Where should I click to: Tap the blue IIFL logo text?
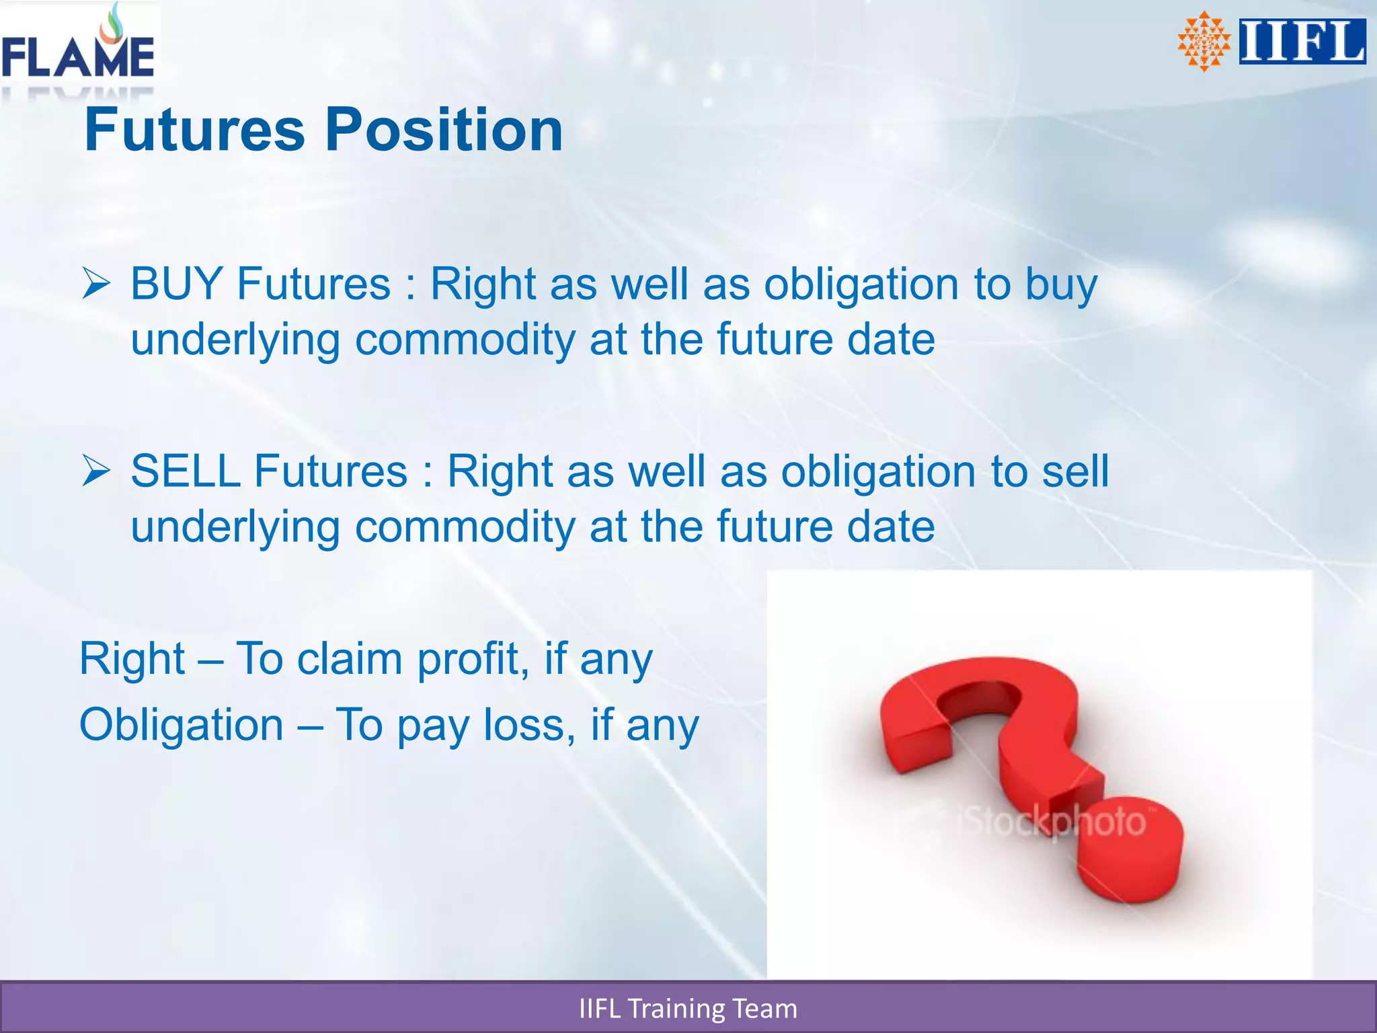(x=1302, y=42)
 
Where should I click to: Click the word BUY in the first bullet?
(x=176, y=284)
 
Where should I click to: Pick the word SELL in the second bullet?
(x=186, y=471)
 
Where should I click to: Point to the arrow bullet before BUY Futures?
(x=96, y=284)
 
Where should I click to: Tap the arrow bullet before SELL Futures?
(x=96, y=471)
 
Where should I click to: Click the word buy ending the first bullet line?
(x=1061, y=285)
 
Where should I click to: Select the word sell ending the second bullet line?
(x=1075, y=471)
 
